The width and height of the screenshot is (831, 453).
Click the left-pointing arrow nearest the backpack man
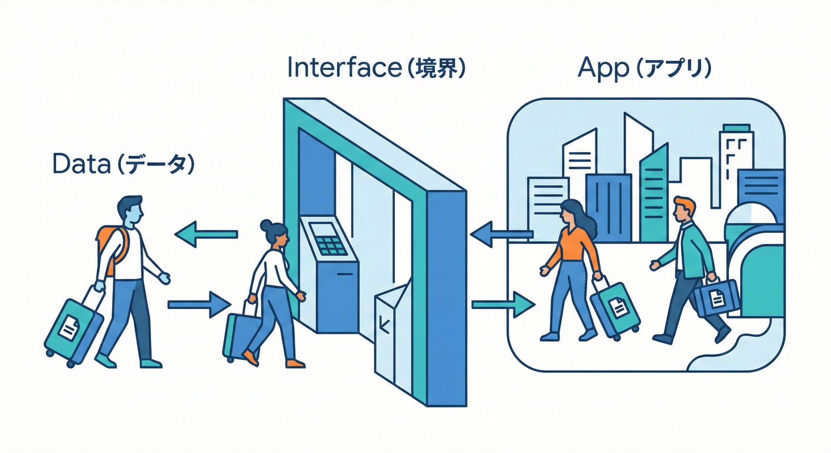pyautogui.click(x=206, y=235)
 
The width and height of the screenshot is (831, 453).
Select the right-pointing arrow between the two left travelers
pyautogui.click(x=199, y=304)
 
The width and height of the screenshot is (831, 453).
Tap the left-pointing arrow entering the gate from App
pyautogui.click(x=502, y=235)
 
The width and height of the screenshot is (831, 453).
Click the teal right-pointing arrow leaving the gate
pyautogui.click(x=503, y=304)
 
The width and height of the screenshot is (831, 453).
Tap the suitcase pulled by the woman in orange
pyautogui.click(x=615, y=309)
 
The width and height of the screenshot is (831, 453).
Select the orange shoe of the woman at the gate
pyautogui.click(x=251, y=357)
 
